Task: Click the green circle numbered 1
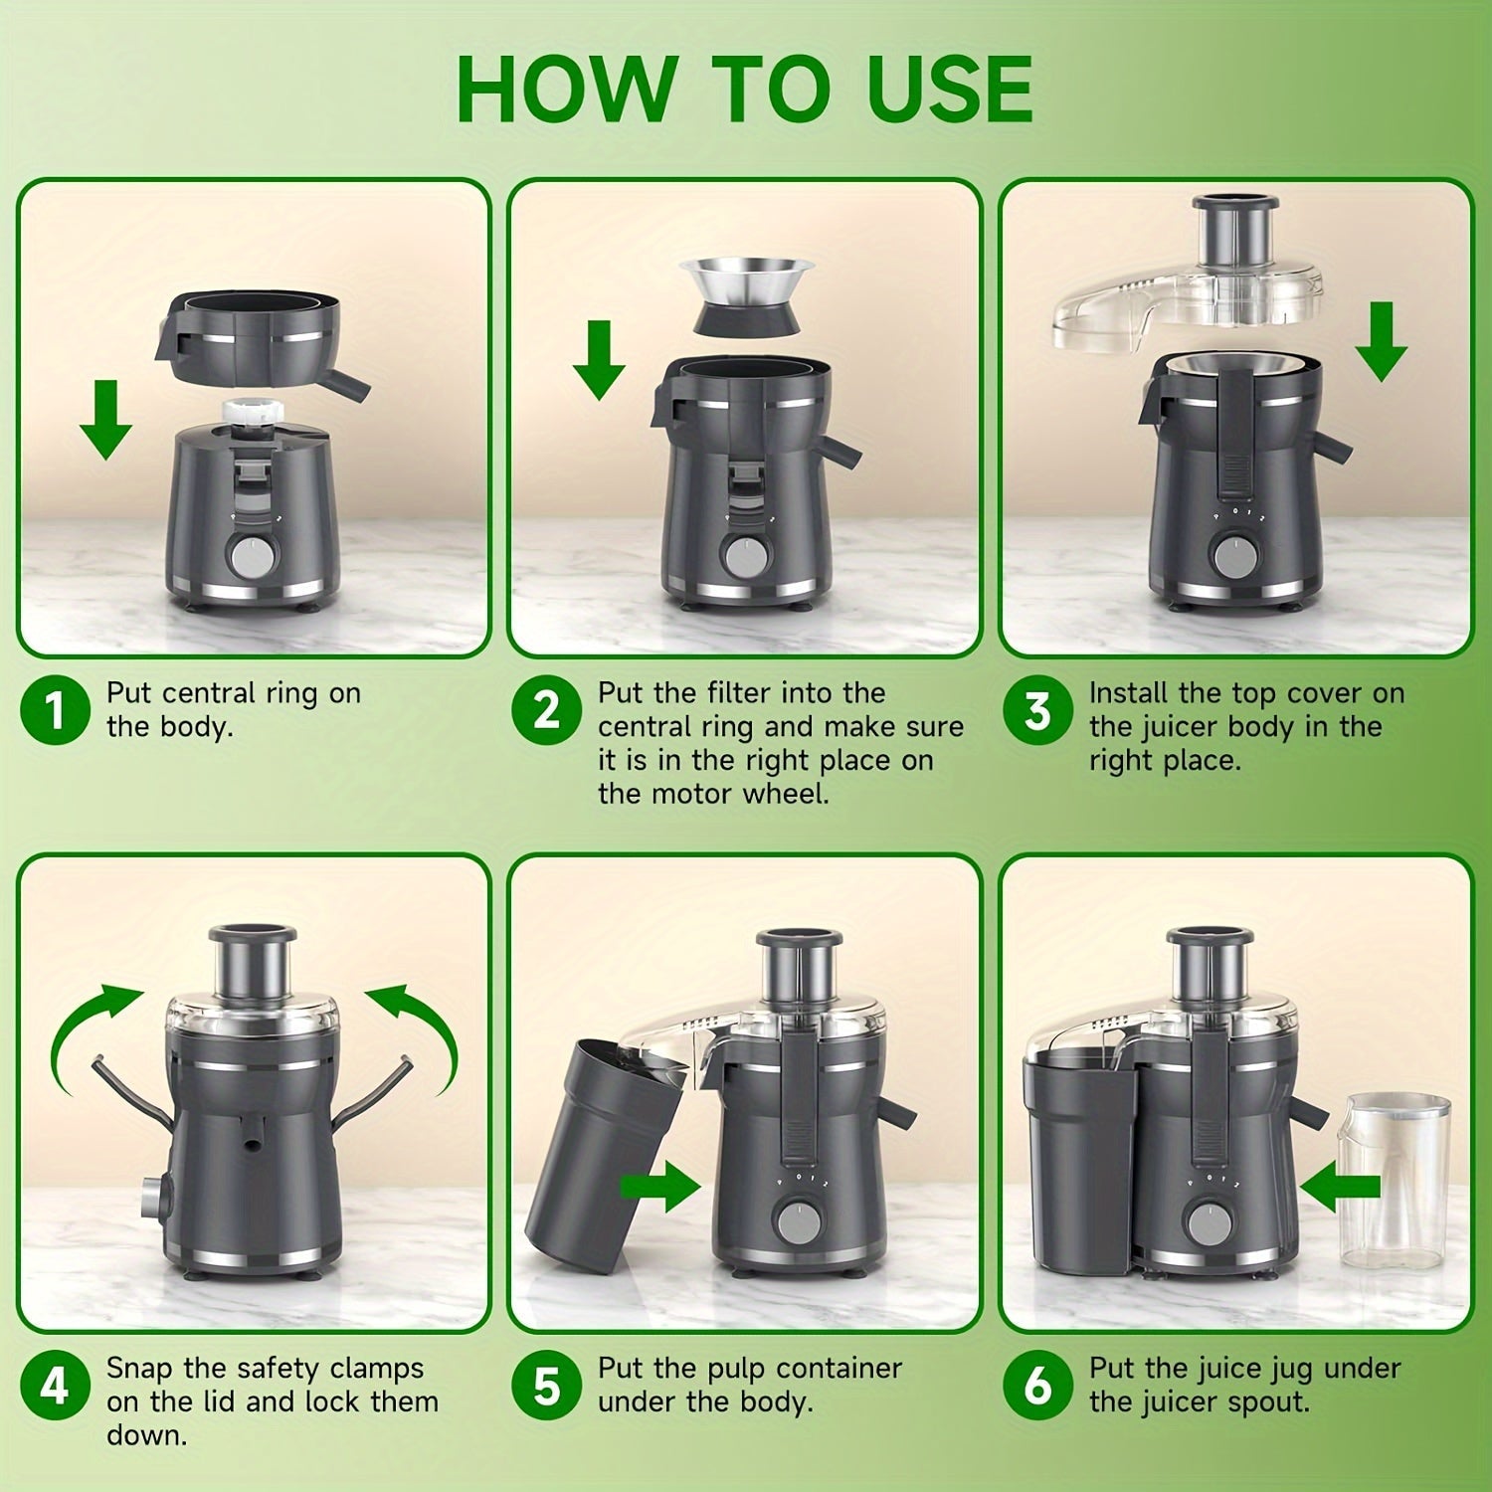[x=55, y=710]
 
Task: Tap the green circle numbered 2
[x=546, y=710]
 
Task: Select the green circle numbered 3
[x=1037, y=710]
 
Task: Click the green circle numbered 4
[x=55, y=1386]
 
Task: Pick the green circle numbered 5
[x=546, y=1386]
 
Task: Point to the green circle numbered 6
[x=1037, y=1386]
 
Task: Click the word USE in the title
[x=949, y=90]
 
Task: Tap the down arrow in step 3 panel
[x=1381, y=343]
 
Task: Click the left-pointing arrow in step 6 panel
[x=1340, y=1186]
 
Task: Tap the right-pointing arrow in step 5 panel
[x=660, y=1186]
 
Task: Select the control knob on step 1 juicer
[x=249, y=556]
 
